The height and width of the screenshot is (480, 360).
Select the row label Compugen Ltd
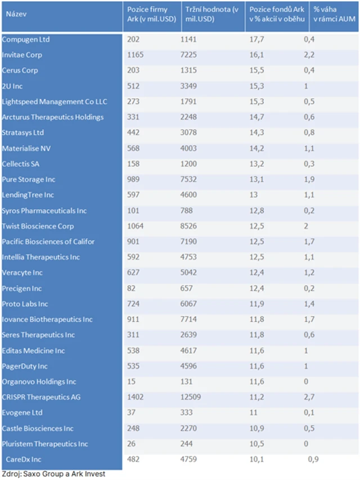(25, 39)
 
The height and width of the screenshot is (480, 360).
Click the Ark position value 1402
(136, 397)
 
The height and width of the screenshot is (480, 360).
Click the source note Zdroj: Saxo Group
(53, 474)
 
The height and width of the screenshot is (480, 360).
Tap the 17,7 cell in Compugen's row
(256, 39)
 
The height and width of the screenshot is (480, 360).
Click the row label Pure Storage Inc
(29, 180)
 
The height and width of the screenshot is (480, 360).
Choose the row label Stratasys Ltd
(23, 133)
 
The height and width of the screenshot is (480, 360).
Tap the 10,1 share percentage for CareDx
(256, 459)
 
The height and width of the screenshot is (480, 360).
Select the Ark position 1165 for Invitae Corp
(136, 55)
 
